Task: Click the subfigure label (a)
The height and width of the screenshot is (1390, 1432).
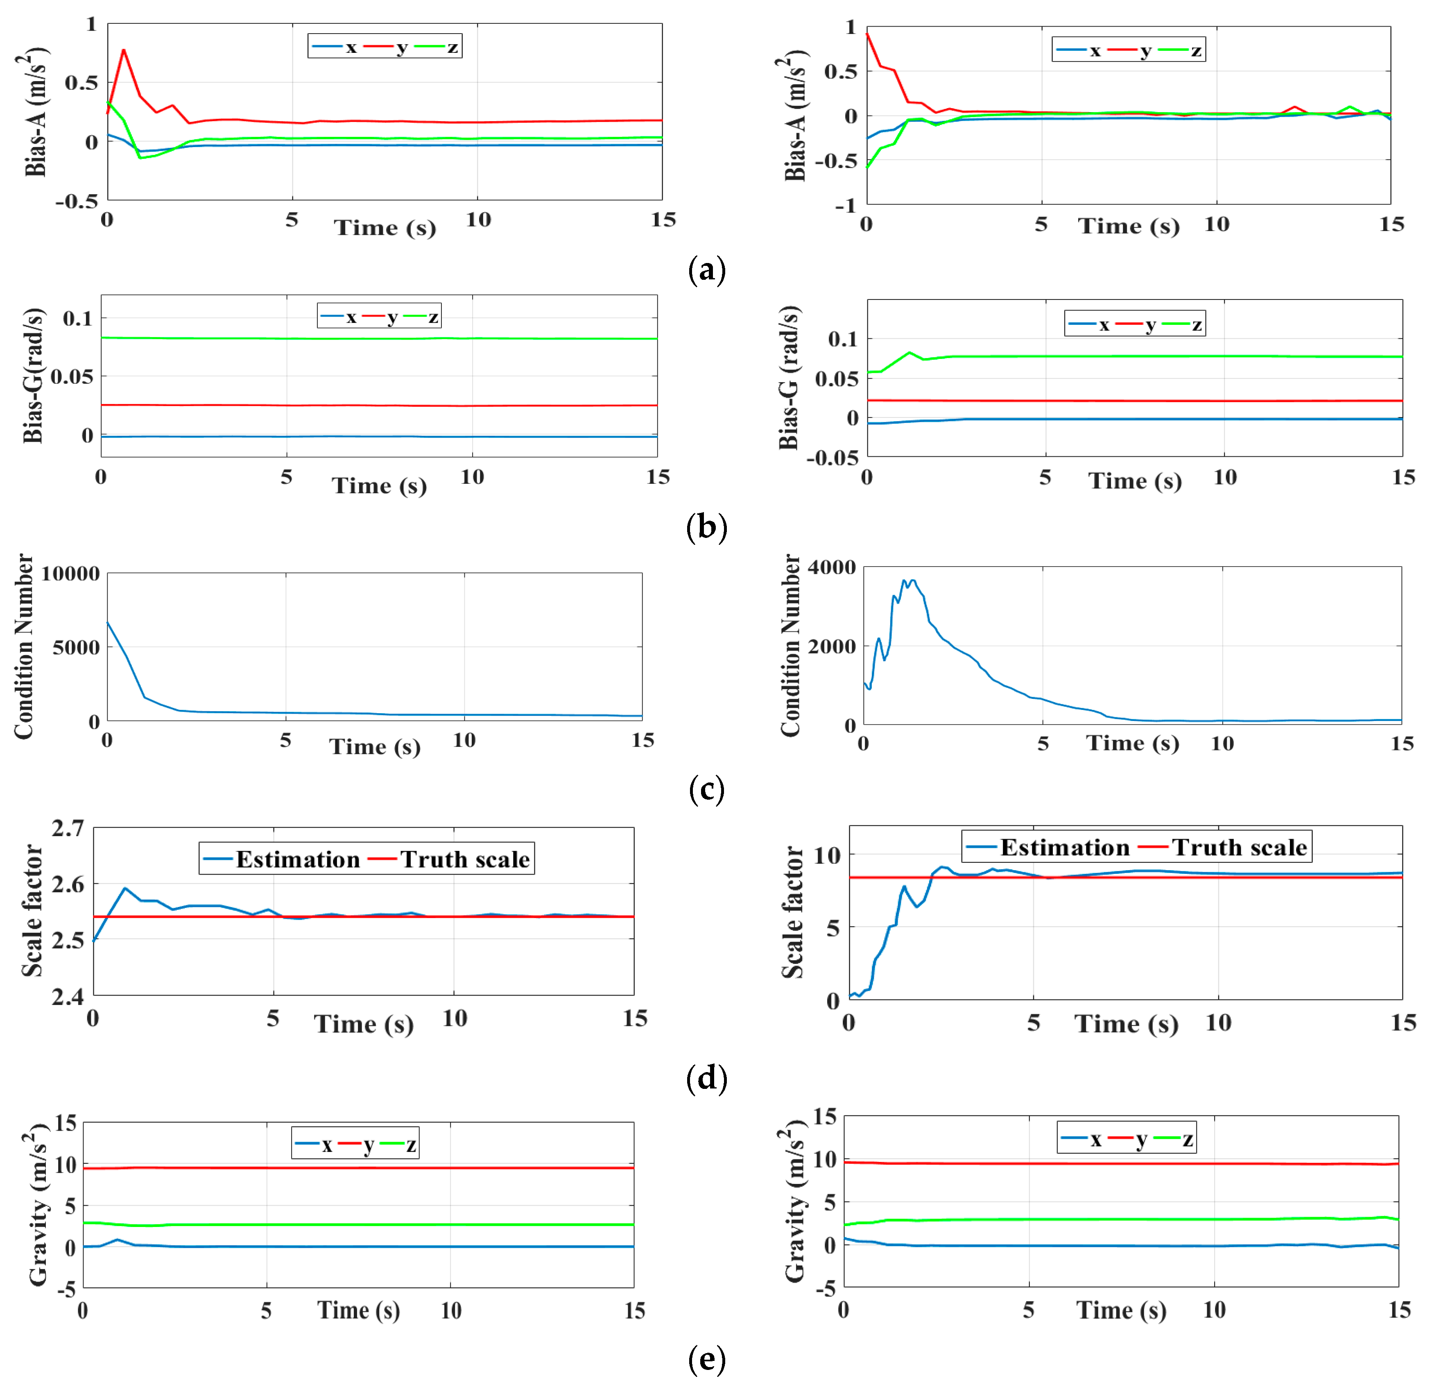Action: click(x=706, y=270)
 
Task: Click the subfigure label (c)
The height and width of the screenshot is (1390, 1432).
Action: click(x=706, y=789)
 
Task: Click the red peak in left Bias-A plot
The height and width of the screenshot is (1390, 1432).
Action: click(x=124, y=50)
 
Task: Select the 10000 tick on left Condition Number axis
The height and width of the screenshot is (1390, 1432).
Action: click(x=70, y=574)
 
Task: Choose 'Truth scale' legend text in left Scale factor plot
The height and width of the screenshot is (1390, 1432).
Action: click(x=465, y=859)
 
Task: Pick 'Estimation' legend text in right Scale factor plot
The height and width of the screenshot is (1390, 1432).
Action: click(x=1065, y=847)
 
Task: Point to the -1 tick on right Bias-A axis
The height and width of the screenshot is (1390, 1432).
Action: click(x=845, y=206)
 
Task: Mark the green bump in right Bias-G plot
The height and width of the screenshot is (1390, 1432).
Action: click(x=909, y=353)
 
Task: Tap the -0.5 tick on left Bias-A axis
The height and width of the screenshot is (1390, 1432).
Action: click(x=77, y=201)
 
